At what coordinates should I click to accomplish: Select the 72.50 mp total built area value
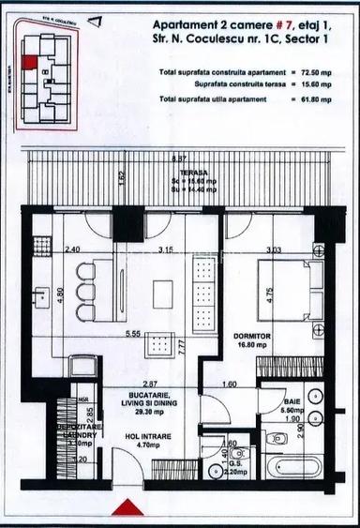coord(321,71)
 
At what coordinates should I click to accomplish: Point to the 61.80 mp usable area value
coord(321,98)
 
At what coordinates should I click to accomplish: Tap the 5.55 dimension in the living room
coord(139,334)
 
